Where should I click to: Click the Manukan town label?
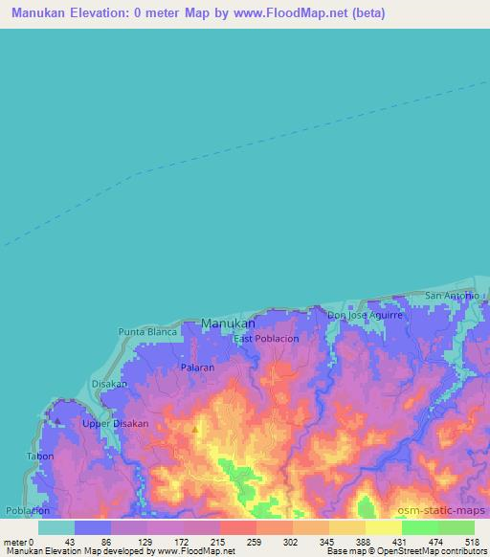click(x=228, y=323)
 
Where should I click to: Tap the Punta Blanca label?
click(x=148, y=331)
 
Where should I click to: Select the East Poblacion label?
click(x=267, y=339)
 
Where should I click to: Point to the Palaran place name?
click(x=197, y=367)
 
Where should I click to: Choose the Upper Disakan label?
click(x=112, y=423)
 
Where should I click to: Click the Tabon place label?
click(x=40, y=457)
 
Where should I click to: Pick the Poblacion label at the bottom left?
click(x=27, y=511)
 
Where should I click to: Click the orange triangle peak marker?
click(x=195, y=430)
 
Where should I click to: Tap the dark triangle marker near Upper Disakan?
click(x=57, y=420)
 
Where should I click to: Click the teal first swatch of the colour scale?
click(x=56, y=527)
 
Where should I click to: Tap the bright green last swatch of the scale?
click(x=457, y=527)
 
